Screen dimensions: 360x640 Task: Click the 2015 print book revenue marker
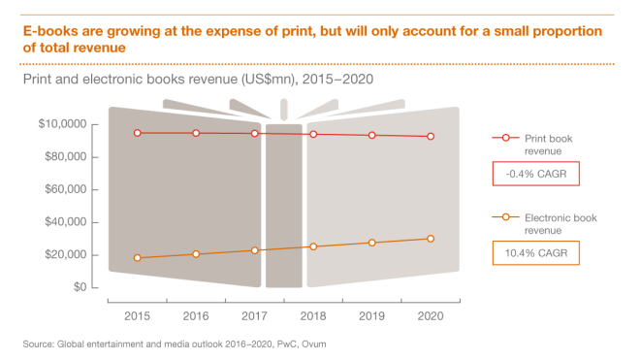click(x=138, y=133)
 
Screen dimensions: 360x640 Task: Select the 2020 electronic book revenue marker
click(x=430, y=239)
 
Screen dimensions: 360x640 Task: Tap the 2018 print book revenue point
click(x=313, y=134)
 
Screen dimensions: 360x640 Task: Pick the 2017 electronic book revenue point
click(x=255, y=250)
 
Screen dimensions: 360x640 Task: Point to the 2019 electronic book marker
click(x=371, y=243)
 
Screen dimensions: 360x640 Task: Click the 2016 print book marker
click(x=196, y=133)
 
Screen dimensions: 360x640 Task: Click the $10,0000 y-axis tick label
click(x=63, y=124)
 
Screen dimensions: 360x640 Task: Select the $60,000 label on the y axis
click(x=63, y=190)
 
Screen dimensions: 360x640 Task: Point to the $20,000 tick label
click(x=63, y=255)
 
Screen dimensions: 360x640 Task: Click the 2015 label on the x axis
click(x=138, y=316)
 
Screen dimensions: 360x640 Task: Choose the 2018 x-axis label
click(x=313, y=316)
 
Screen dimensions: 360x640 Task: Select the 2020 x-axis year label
click(x=430, y=316)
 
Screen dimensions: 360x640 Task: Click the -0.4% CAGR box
click(x=537, y=175)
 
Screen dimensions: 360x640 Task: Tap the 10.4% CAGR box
click(x=537, y=253)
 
